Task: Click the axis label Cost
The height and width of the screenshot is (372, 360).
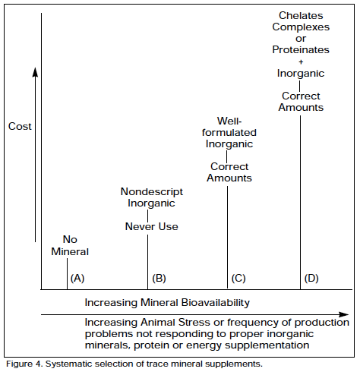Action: [x=20, y=126]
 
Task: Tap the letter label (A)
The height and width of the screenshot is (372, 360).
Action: [x=77, y=279]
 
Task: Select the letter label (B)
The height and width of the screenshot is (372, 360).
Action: [x=159, y=279]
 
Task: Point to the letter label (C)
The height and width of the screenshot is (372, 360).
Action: [x=238, y=279]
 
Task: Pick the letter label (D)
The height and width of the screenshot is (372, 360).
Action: [x=311, y=279]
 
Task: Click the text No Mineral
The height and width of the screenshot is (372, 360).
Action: [x=70, y=245]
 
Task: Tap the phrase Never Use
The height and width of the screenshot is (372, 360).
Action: [x=152, y=226]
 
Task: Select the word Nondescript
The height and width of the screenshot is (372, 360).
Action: [x=152, y=192]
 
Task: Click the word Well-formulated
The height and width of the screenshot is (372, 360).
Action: [x=229, y=127]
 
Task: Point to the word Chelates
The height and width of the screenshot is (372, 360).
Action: [x=301, y=16]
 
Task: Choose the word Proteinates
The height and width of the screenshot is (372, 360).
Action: [x=301, y=50]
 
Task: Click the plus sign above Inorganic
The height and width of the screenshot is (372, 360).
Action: [x=301, y=61]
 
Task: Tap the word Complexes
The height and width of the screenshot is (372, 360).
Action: [x=301, y=27]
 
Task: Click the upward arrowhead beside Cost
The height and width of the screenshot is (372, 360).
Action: [x=36, y=72]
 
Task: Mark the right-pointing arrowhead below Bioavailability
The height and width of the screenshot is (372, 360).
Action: [x=344, y=314]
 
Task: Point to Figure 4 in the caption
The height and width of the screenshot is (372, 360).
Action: [x=24, y=364]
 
